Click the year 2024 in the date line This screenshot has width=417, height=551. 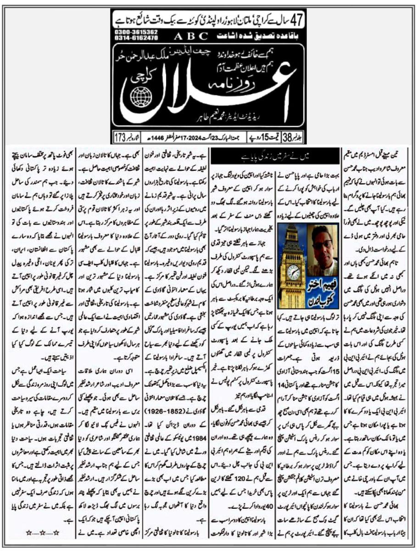point(192,137)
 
